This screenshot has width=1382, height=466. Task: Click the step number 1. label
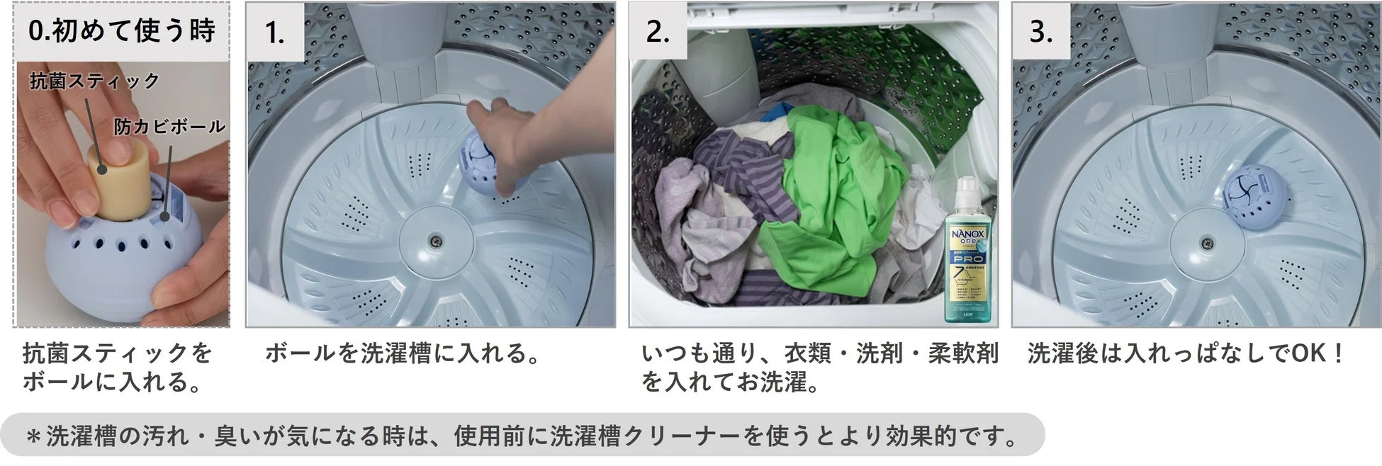click(274, 33)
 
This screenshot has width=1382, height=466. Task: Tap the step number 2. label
click(658, 33)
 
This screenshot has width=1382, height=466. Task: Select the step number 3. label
click(1040, 33)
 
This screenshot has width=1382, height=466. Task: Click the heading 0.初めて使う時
click(121, 31)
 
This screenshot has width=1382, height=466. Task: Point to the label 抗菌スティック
click(94, 81)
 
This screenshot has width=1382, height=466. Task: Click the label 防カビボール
click(169, 127)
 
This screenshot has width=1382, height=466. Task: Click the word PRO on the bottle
click(968, 258)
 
